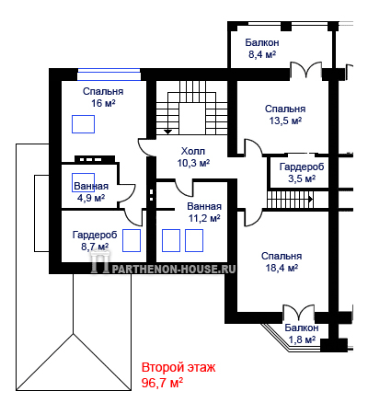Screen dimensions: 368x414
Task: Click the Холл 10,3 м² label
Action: point(193,157)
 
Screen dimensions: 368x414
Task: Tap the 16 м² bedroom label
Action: point(103,98)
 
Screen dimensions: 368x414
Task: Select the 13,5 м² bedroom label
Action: point(285,115)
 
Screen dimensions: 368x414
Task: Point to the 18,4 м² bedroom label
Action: point(282,262)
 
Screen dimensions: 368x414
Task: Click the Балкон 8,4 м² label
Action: point(262,49)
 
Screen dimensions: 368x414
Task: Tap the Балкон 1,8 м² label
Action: point(302,334)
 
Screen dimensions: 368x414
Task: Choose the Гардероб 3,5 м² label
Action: point(302,173)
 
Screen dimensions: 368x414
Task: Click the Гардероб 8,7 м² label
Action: point(95,240)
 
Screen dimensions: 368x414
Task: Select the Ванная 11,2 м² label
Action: point(204,213)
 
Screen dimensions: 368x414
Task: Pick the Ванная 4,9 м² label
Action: point(91,192)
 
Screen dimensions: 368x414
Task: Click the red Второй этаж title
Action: point(178,367)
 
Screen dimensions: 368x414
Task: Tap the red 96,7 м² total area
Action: point(162,383)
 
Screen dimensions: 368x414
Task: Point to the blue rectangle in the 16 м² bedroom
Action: point(83,124)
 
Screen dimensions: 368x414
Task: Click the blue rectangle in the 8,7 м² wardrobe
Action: point(132,241)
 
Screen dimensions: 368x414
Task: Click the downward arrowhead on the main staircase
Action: point(167,132)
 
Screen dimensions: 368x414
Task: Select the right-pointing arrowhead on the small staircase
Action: point(310,200)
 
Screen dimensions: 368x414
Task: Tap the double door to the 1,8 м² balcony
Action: point(298,313)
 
